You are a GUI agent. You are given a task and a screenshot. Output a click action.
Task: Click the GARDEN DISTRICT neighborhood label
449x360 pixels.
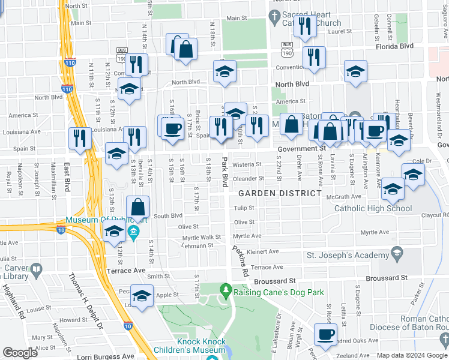coord(280,193)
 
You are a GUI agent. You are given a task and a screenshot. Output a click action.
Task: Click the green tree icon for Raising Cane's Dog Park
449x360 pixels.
coord(226,292)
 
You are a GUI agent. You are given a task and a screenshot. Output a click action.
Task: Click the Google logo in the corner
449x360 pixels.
coord(20,353)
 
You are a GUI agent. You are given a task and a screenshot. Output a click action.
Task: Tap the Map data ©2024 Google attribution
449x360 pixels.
coord(412,355)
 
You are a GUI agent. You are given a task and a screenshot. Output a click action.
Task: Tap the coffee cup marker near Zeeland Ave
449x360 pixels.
coord(325,334)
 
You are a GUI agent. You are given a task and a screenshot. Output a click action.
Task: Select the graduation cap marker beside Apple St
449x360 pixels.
coord(142,296)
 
